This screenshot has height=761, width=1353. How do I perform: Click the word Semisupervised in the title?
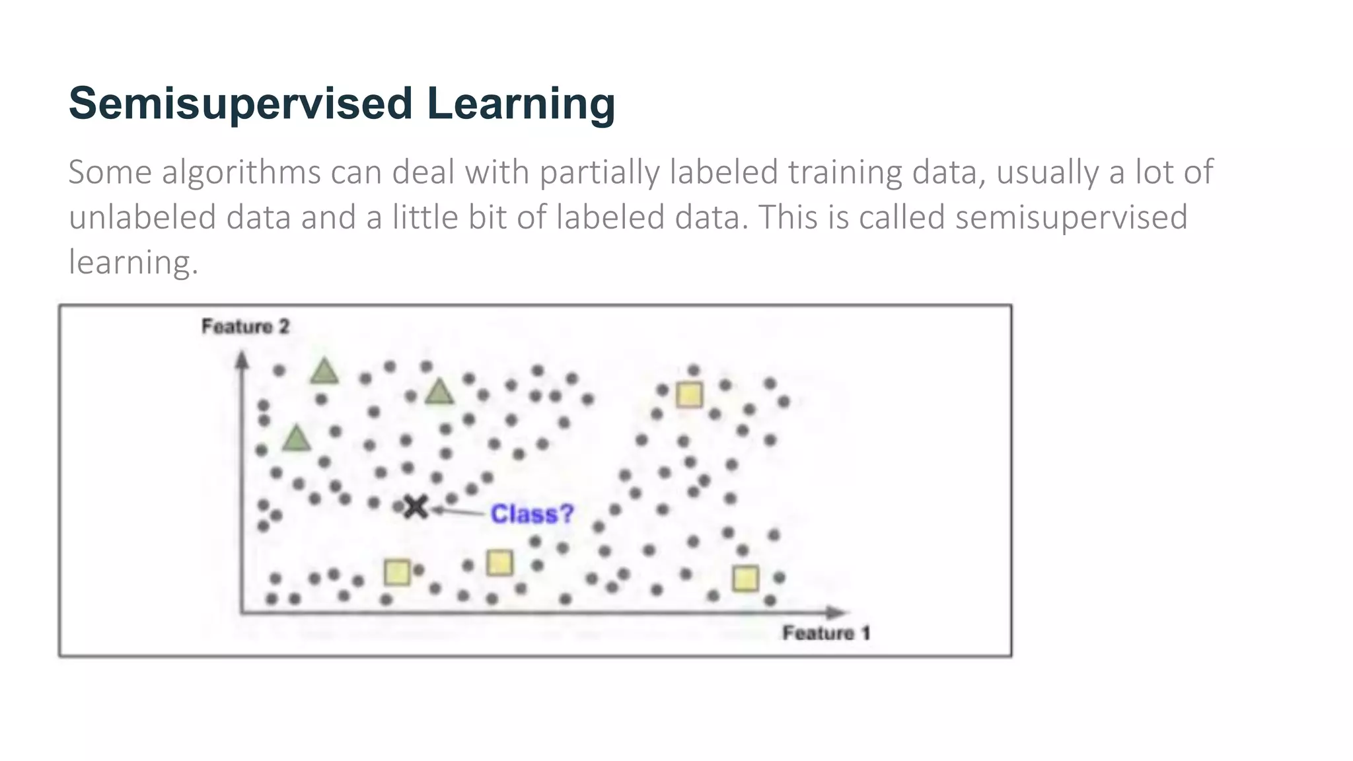[240, 104]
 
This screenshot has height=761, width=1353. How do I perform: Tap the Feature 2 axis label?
[245, 326]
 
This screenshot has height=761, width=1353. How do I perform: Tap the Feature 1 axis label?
[826, 633]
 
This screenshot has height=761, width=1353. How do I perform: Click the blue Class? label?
[532, 514]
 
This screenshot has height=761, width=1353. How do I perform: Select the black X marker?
[416, 507]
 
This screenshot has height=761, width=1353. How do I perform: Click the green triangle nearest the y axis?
[296, 439]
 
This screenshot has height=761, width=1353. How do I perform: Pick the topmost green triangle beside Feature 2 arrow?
[324, 372]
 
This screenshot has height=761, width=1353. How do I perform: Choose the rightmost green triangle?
[439, 392]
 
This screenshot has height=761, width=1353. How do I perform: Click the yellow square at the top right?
[689, 395]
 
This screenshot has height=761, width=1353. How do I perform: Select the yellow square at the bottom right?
[745, 579]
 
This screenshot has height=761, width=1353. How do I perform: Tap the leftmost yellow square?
[397, 572]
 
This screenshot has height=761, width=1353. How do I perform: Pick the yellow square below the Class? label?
[499, 563]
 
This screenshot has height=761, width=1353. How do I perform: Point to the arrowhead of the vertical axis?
[242, 360]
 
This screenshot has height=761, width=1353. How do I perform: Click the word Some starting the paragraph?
[110, 172]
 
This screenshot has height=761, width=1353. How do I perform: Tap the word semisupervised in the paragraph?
[1071, 217]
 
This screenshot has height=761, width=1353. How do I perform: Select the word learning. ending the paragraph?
[133, 262]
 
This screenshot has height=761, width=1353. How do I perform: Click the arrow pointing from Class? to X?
[459, 511]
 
